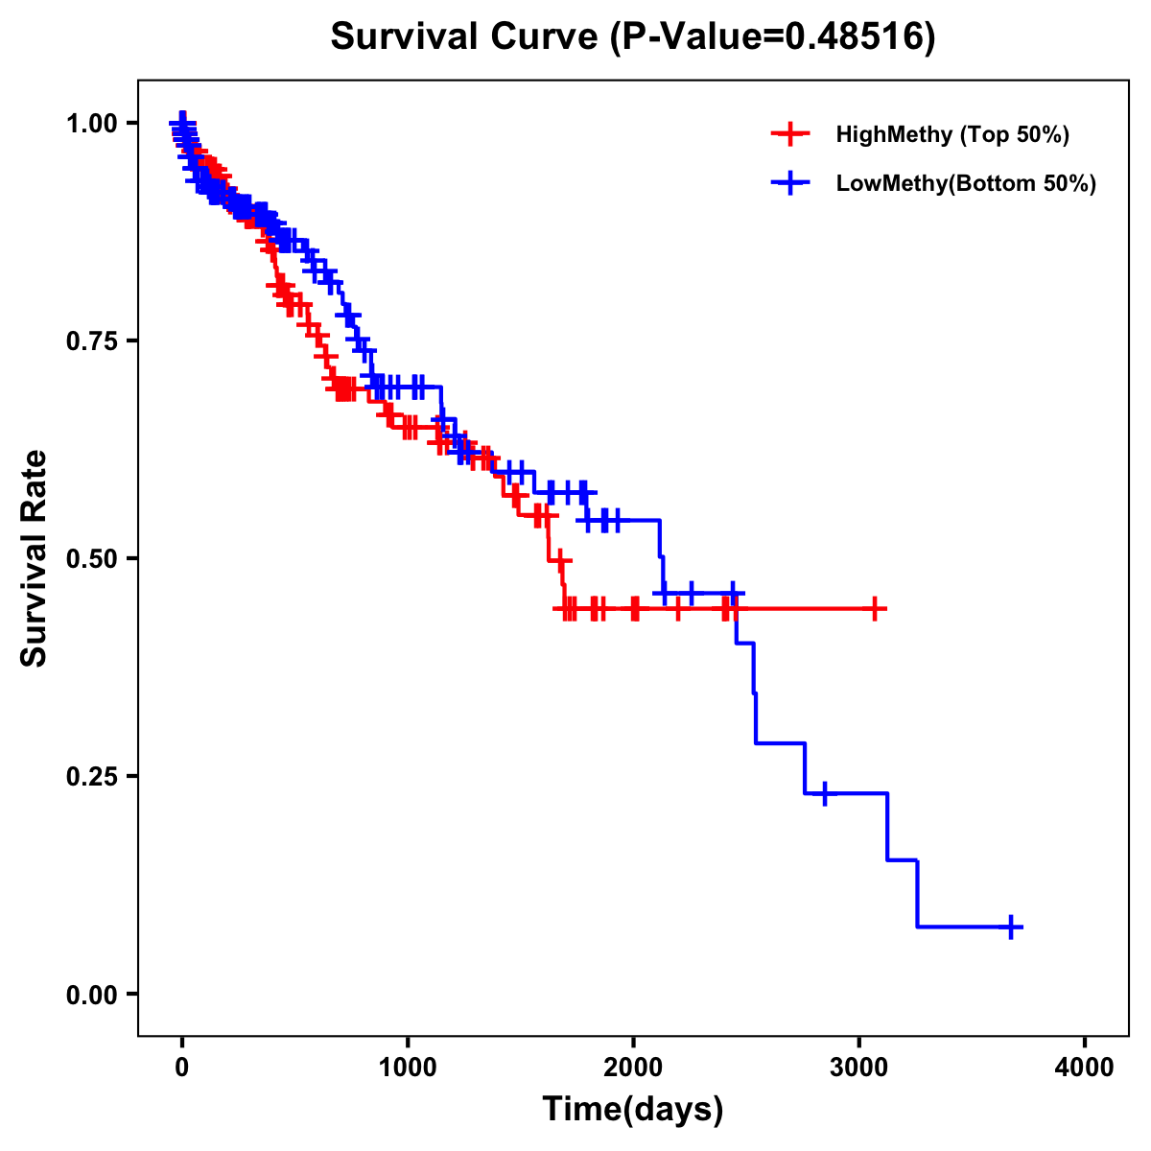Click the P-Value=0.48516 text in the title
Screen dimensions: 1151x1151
(x=773, y=36)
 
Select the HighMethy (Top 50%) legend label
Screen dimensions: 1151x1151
(x=951, y=134)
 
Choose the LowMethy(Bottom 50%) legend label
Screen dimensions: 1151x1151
(x=966, y=183)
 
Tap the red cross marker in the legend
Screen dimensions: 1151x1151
(x=790, y=134)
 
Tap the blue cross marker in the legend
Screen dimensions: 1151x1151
(x=790, y=183)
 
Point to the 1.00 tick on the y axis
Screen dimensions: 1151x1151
(x=91, y=123)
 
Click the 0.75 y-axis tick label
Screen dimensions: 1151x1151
(x=91, y=341)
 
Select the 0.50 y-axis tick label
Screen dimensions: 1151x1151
(x=91, y=558)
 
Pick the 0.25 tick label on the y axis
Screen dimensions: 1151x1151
(x=91, y=776)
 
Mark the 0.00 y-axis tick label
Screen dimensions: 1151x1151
(x=91, y=994)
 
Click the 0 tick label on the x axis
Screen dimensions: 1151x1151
(x=182, y=1068)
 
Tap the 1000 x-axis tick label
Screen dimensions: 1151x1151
(x=408, y=1068)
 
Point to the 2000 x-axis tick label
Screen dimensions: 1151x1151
(x=633, y=1068)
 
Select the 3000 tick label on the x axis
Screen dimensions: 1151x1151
(x=859, y=1068)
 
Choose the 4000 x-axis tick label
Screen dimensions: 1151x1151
(x=1085, y=1068)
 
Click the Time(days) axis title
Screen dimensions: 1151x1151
(x=633, y=1110)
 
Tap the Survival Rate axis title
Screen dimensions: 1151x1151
(x=35, y=558)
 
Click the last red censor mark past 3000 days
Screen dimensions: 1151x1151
(x=875, y=608)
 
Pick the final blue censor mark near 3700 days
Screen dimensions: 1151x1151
(x=1011, y=927)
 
